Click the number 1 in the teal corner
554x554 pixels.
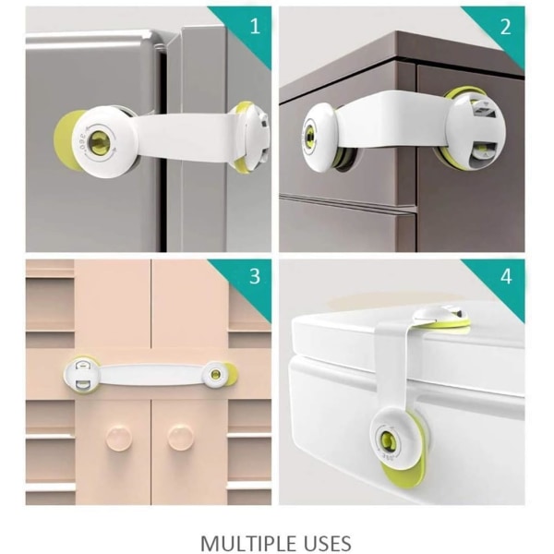point(255,26)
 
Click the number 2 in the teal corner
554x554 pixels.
point(506,27)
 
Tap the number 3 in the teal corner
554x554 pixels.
point(255,276)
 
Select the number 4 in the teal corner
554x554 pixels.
point(506,276)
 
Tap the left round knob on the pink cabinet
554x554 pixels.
point(119,439)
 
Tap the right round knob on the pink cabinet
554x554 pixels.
point(181,438)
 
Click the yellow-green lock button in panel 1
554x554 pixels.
point(100,142)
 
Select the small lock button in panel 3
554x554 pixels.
point(214,374)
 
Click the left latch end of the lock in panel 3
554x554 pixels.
point(81,375)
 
